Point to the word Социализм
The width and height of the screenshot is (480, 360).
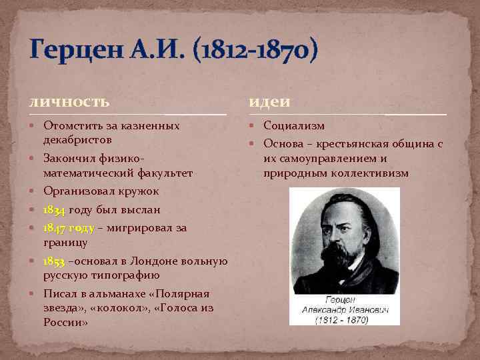click(x=294, y=125)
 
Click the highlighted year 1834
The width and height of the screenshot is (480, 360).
click(x=54, y=210)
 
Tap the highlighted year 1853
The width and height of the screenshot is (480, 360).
click(x=54, y=261)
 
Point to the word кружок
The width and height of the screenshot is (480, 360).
click(x=139, y=191)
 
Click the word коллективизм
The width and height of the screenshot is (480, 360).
click(x=370, y=173)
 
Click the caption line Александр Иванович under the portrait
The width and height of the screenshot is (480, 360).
click(x=345, y=309)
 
